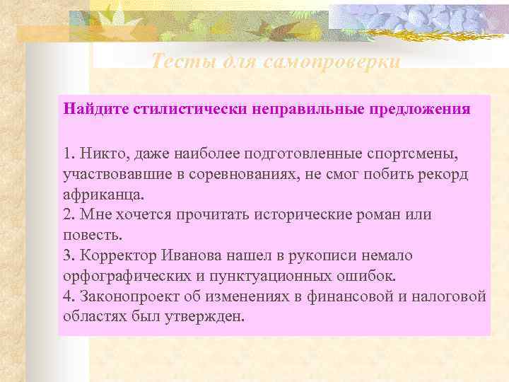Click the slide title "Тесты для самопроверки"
pyautogui.click(x=276, y=62)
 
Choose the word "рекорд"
pyautogui.click(x=440, y=173)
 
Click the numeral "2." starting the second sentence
pyautogui.click(x=68, y=214)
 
